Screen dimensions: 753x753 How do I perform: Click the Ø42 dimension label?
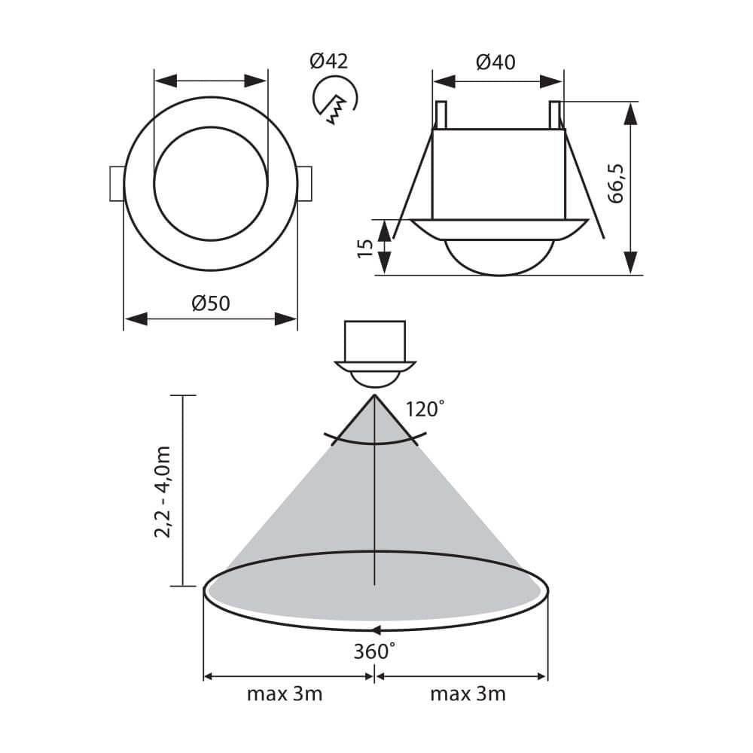tap(328, 61)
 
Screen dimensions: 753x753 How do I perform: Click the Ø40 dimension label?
tap(495, 62)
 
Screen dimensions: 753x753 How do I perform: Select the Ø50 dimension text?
tap(211, 303)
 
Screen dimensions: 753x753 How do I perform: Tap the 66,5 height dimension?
tap(615, 184)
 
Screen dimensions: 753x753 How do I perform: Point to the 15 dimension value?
tap(365, 248)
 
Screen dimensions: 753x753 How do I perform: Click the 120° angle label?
tap(425, 409)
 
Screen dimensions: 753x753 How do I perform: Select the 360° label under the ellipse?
tap(374, 651)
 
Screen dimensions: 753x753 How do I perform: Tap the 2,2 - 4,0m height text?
tap(163, 492)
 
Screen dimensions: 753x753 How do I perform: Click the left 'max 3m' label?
tap(285, 694)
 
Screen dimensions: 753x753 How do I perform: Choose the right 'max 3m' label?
tap(468, 694)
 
